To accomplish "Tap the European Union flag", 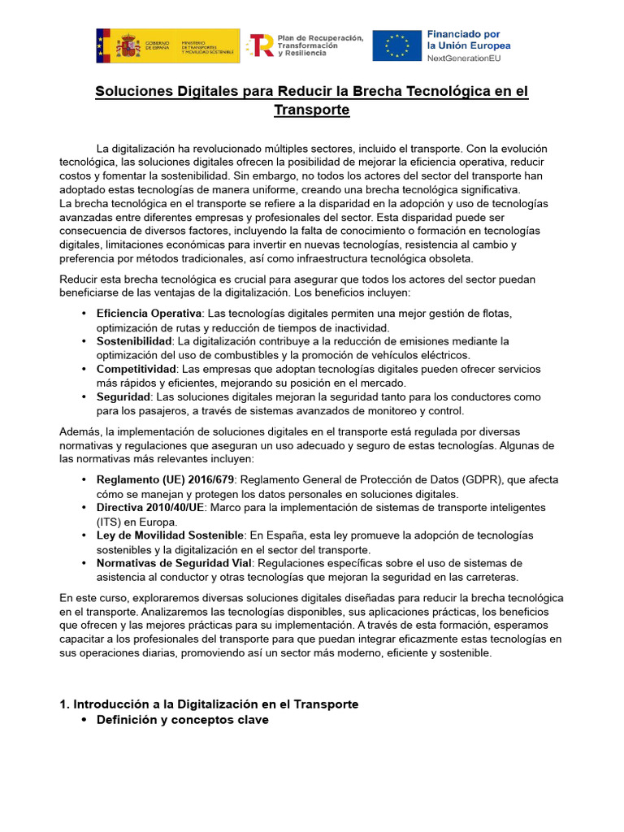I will click(396, 45).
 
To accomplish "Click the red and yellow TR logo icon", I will click(260, 45).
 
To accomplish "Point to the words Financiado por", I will click(463, 34).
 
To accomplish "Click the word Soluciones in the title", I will click(133, 92).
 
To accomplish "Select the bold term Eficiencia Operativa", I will click(148, 313).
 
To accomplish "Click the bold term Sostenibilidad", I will click(134, 340).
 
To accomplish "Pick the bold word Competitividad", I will click(137, 369).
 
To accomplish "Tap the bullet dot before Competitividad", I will click(85, 369).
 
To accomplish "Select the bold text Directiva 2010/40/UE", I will click(149, 508).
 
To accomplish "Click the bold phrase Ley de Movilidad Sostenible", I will click(170, 535).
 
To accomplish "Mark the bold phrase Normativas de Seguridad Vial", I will click(174, 563).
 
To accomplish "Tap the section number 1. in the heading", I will click(66, 704).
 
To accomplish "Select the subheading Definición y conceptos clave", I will click(182, 720).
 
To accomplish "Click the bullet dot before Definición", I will click(85, 720).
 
